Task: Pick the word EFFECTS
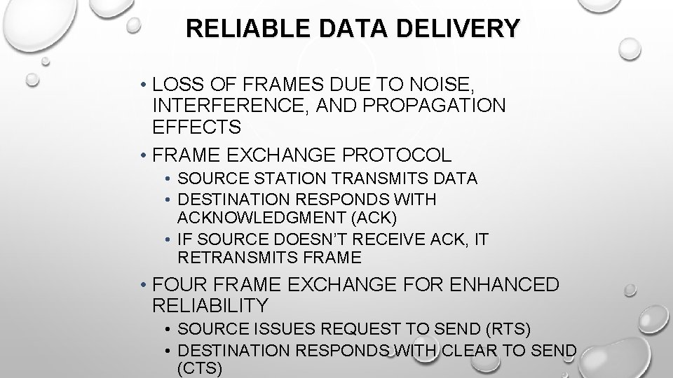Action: pyautogui.click(x=196, y=127)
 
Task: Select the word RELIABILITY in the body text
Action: pyautogui.click(x=210, y=305)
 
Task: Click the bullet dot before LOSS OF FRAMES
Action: pyautogui.click(x=142, y=86)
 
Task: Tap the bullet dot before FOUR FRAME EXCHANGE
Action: pyautogui.click(x=142, y=286)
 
